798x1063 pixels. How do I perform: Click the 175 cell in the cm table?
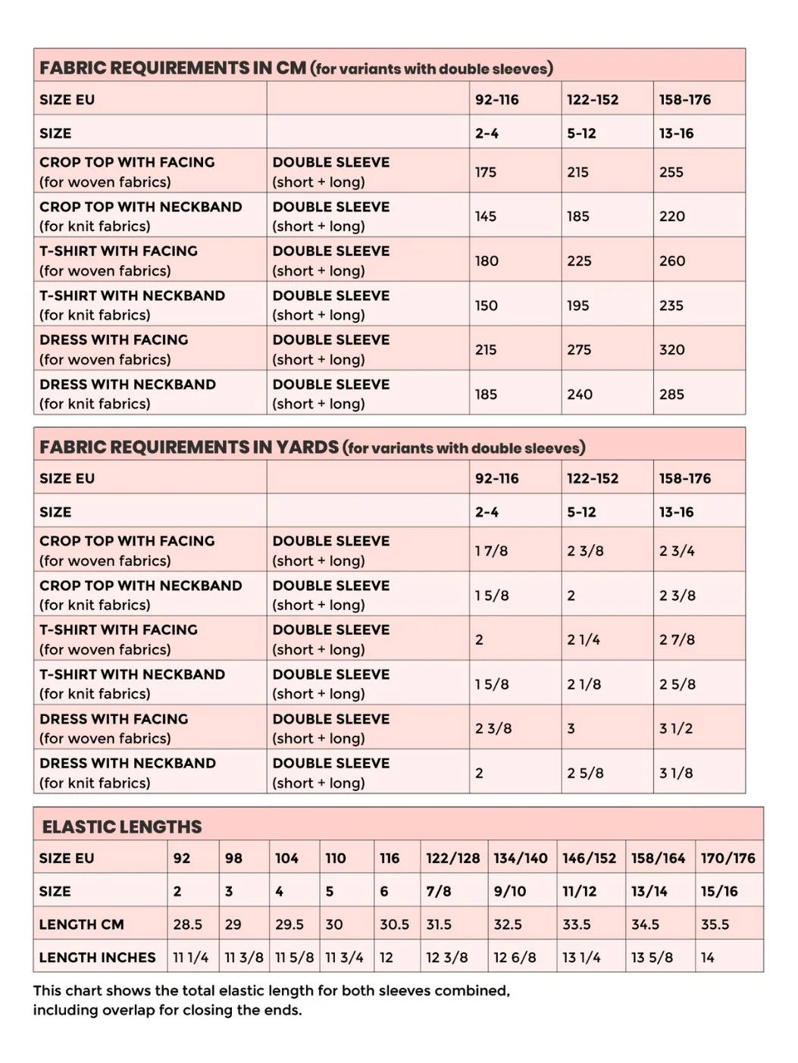click(x=486, y=172)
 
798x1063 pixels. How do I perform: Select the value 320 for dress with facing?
click(x=671, y=349)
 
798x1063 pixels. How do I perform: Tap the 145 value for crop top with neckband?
click(x=486, y=216)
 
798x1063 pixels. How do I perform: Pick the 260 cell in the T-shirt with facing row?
click(x=671, y=261)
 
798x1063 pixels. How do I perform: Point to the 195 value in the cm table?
click(x=577, y=305)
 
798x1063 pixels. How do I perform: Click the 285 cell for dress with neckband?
click(x=671, y=394)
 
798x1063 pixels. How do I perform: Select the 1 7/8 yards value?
click(x=491, y=551)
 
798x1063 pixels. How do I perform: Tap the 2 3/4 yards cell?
click(x=677, y=551)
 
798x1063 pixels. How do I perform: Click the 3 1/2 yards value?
click(x=676, y=728)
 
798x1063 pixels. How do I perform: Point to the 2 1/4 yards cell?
click(x=584, y=639)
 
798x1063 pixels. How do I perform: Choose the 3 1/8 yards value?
click(x=676, y=773)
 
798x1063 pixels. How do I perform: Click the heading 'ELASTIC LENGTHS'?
click(x=122, y=827)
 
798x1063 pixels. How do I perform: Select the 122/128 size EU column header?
click(x=453, y=858)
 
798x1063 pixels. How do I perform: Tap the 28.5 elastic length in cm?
click(x=188, y=924)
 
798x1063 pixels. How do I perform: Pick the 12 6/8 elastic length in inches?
click(x=515, y=958)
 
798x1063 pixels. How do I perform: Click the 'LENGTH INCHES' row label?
click(x=98, y=958)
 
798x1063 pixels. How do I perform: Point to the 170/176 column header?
click(x=728, y=858)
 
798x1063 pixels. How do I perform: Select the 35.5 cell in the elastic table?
click(x=715, y=924)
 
